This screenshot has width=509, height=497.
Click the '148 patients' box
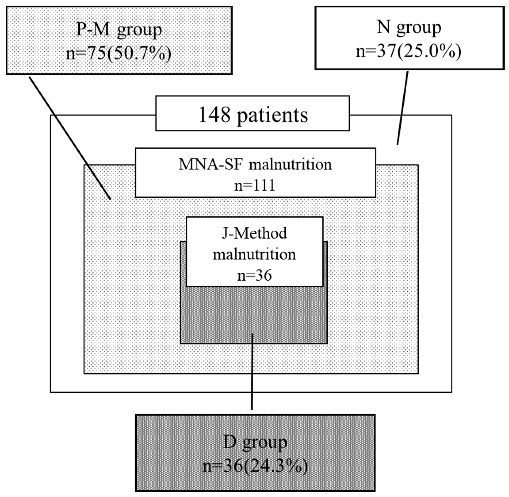click(x=252, y=113)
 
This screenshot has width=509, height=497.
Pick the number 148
click(x=214, y=115)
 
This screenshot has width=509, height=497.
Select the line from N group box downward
click(x=402, y=108)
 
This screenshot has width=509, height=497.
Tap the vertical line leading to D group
click(x=252, y=379)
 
